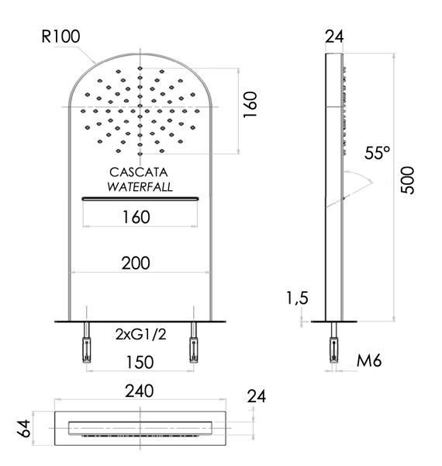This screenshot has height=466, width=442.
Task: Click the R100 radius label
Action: tap(60, 36)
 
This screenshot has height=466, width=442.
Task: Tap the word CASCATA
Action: tap(140, 172)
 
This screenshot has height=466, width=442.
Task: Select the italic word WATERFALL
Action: tap(140, 187)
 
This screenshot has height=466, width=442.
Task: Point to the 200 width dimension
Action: tap(140, 264)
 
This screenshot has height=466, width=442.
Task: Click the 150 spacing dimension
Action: tap(140, 363)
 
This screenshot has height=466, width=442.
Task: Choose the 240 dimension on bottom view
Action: tap(140, 391)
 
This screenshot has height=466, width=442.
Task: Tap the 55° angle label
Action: tap(378, 154)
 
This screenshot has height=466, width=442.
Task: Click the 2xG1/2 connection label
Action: tap(140, 335)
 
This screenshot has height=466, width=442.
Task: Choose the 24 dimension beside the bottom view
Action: tap(256, 396)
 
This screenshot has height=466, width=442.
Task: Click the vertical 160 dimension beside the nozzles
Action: tap(249, 106)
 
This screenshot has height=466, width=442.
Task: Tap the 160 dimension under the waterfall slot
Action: tap(140, 217)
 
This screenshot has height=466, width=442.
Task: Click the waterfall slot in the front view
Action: tap(140, 199)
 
